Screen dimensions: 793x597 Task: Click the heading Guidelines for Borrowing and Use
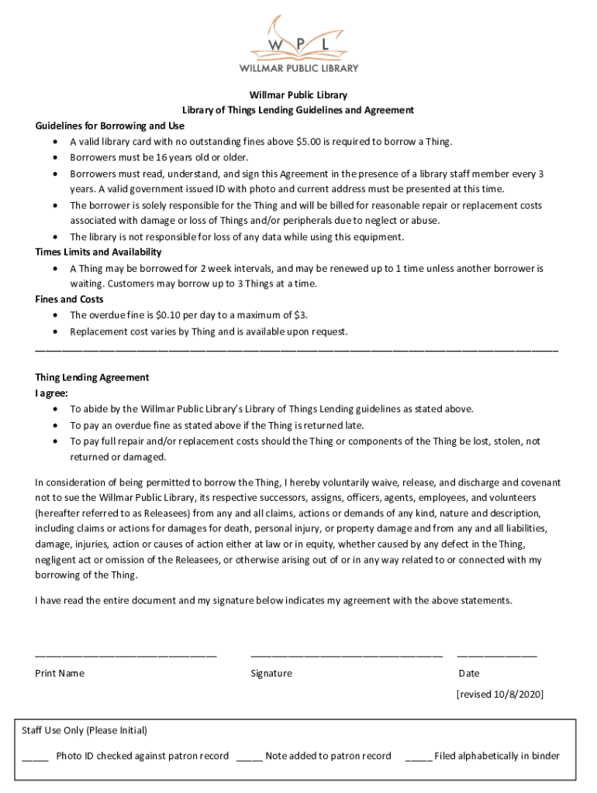(109, 125)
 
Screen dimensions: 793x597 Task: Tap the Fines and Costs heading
(69, 299)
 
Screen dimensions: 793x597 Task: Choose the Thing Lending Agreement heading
(91, 377)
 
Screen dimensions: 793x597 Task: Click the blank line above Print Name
(126, 655)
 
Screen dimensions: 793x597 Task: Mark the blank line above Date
(497, 655)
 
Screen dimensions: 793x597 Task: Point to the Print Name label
(60, 673)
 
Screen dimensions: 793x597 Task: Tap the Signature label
(271, 673)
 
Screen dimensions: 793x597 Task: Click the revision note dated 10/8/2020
(500, 695)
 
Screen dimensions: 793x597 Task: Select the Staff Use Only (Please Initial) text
(85, 730)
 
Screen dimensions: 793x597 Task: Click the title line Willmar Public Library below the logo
(298, 94)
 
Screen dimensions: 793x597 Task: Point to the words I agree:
(51, 393)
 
